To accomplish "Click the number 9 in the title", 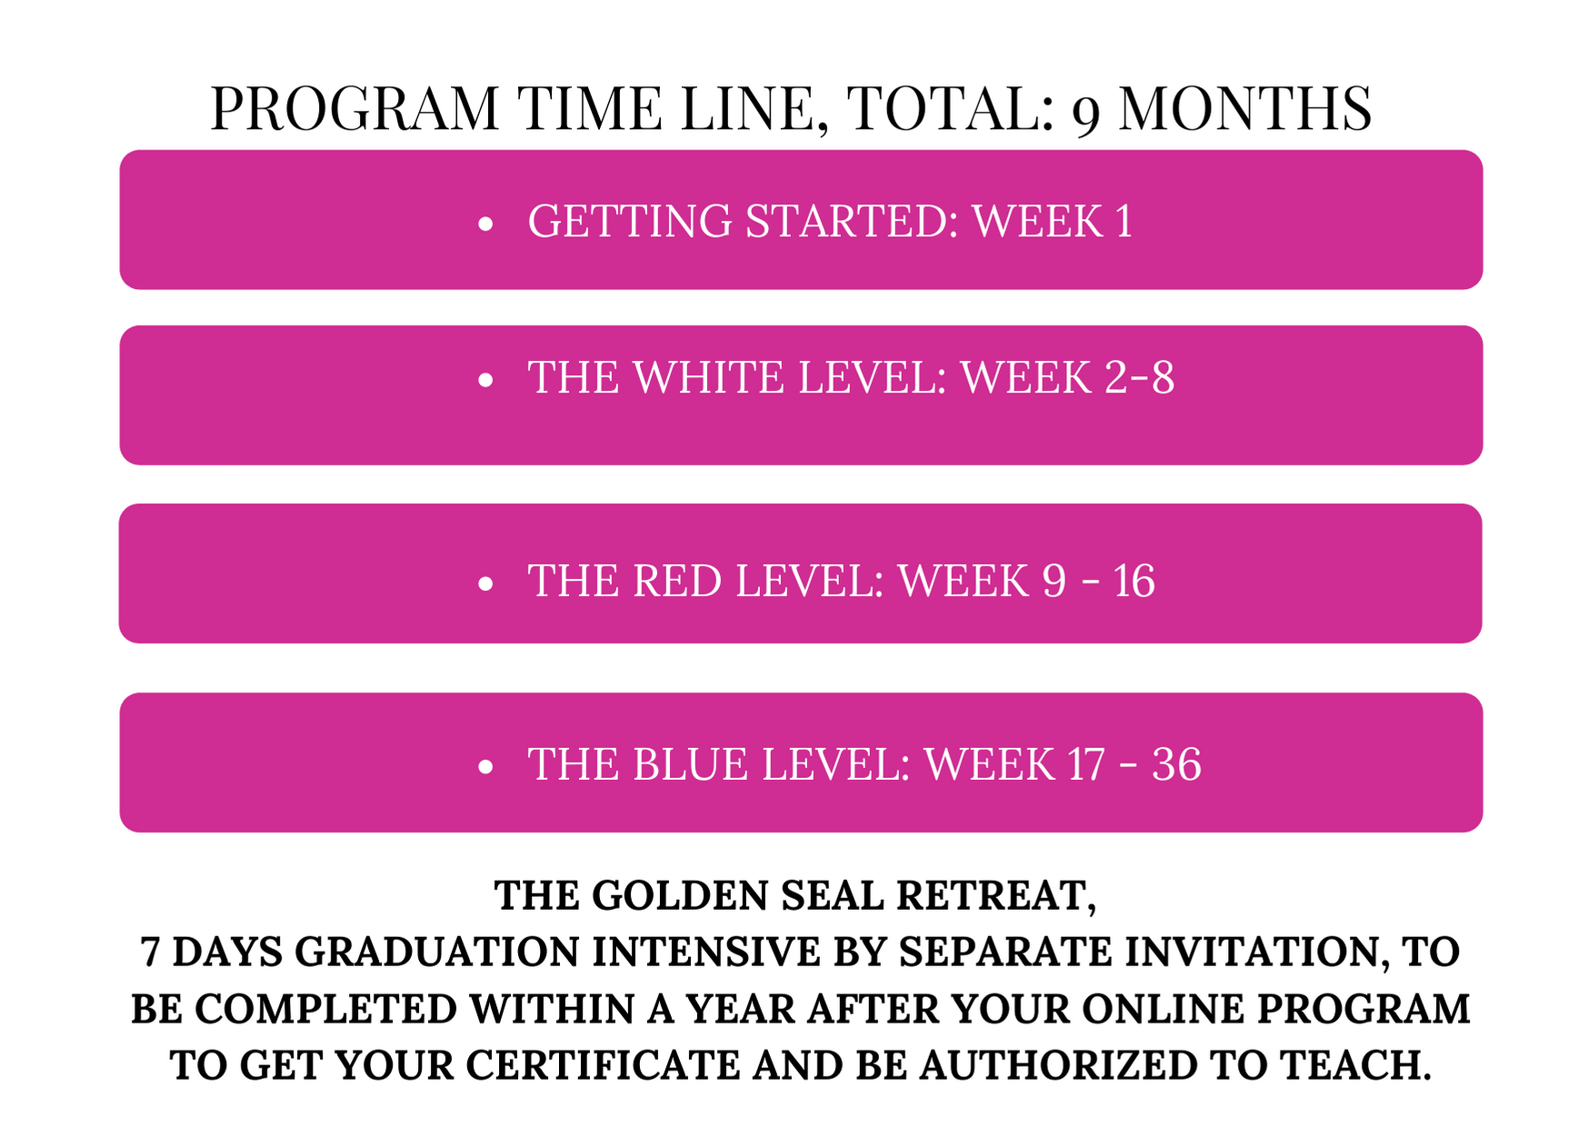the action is (x=1087, y=115).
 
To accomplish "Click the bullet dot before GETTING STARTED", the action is (x=485, y=224).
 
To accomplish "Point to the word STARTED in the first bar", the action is (x=852, y=221).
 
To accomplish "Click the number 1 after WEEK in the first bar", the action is (x=1124, y=221).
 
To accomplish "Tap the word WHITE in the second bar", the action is (x=708, y=377).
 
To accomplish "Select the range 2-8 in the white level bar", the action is (x=1139, y=377).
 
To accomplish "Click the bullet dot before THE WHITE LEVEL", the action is (x=485, y=380).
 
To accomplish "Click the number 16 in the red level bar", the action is (x=1134, y=581).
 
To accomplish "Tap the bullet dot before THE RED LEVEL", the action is (x=485, y=583).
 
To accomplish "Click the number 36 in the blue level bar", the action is (x=1176, y=763).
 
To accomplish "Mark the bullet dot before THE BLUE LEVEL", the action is (x=485, y=767).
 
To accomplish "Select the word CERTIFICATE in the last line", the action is (x=603, y=1065).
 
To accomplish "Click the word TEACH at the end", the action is (x=1355, y=1065).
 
